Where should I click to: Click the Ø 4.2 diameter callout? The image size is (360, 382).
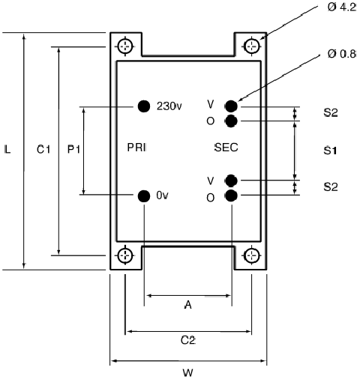click(x=342, y=7)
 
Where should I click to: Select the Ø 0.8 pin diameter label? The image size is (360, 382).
click(x=342, y=54)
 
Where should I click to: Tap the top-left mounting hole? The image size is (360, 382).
click(x=125, y=46)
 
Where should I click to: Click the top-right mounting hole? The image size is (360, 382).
click(x=252, y=46)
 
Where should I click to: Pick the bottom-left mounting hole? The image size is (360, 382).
click(x=125, y=255)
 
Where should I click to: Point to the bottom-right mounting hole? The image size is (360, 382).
click(x=252, y=255)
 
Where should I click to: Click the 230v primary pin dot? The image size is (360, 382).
click(x=144, y=106)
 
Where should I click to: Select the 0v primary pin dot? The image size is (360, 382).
click(x=144, y=195)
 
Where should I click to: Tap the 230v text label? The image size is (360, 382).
click(x=169, y=106)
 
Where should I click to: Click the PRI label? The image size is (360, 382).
click(x=136, y=148)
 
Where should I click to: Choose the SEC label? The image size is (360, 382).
click(x=226, y=148)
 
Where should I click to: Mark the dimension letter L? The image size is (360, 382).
click(x=7, y=150)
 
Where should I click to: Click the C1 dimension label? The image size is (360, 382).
click(x=43, y=150)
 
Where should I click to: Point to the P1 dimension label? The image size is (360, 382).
click(x=73, y=150)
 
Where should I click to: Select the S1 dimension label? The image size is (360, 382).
click(x=330, y=151)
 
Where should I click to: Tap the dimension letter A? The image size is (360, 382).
click(x=188, y=305)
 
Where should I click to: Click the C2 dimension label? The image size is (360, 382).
click(x=188, y=340)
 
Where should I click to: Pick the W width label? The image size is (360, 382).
click(x=188, y=373)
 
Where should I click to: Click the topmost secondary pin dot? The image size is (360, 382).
click(x=231, y=106)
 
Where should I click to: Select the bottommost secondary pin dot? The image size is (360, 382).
click(x=231, y=195)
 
